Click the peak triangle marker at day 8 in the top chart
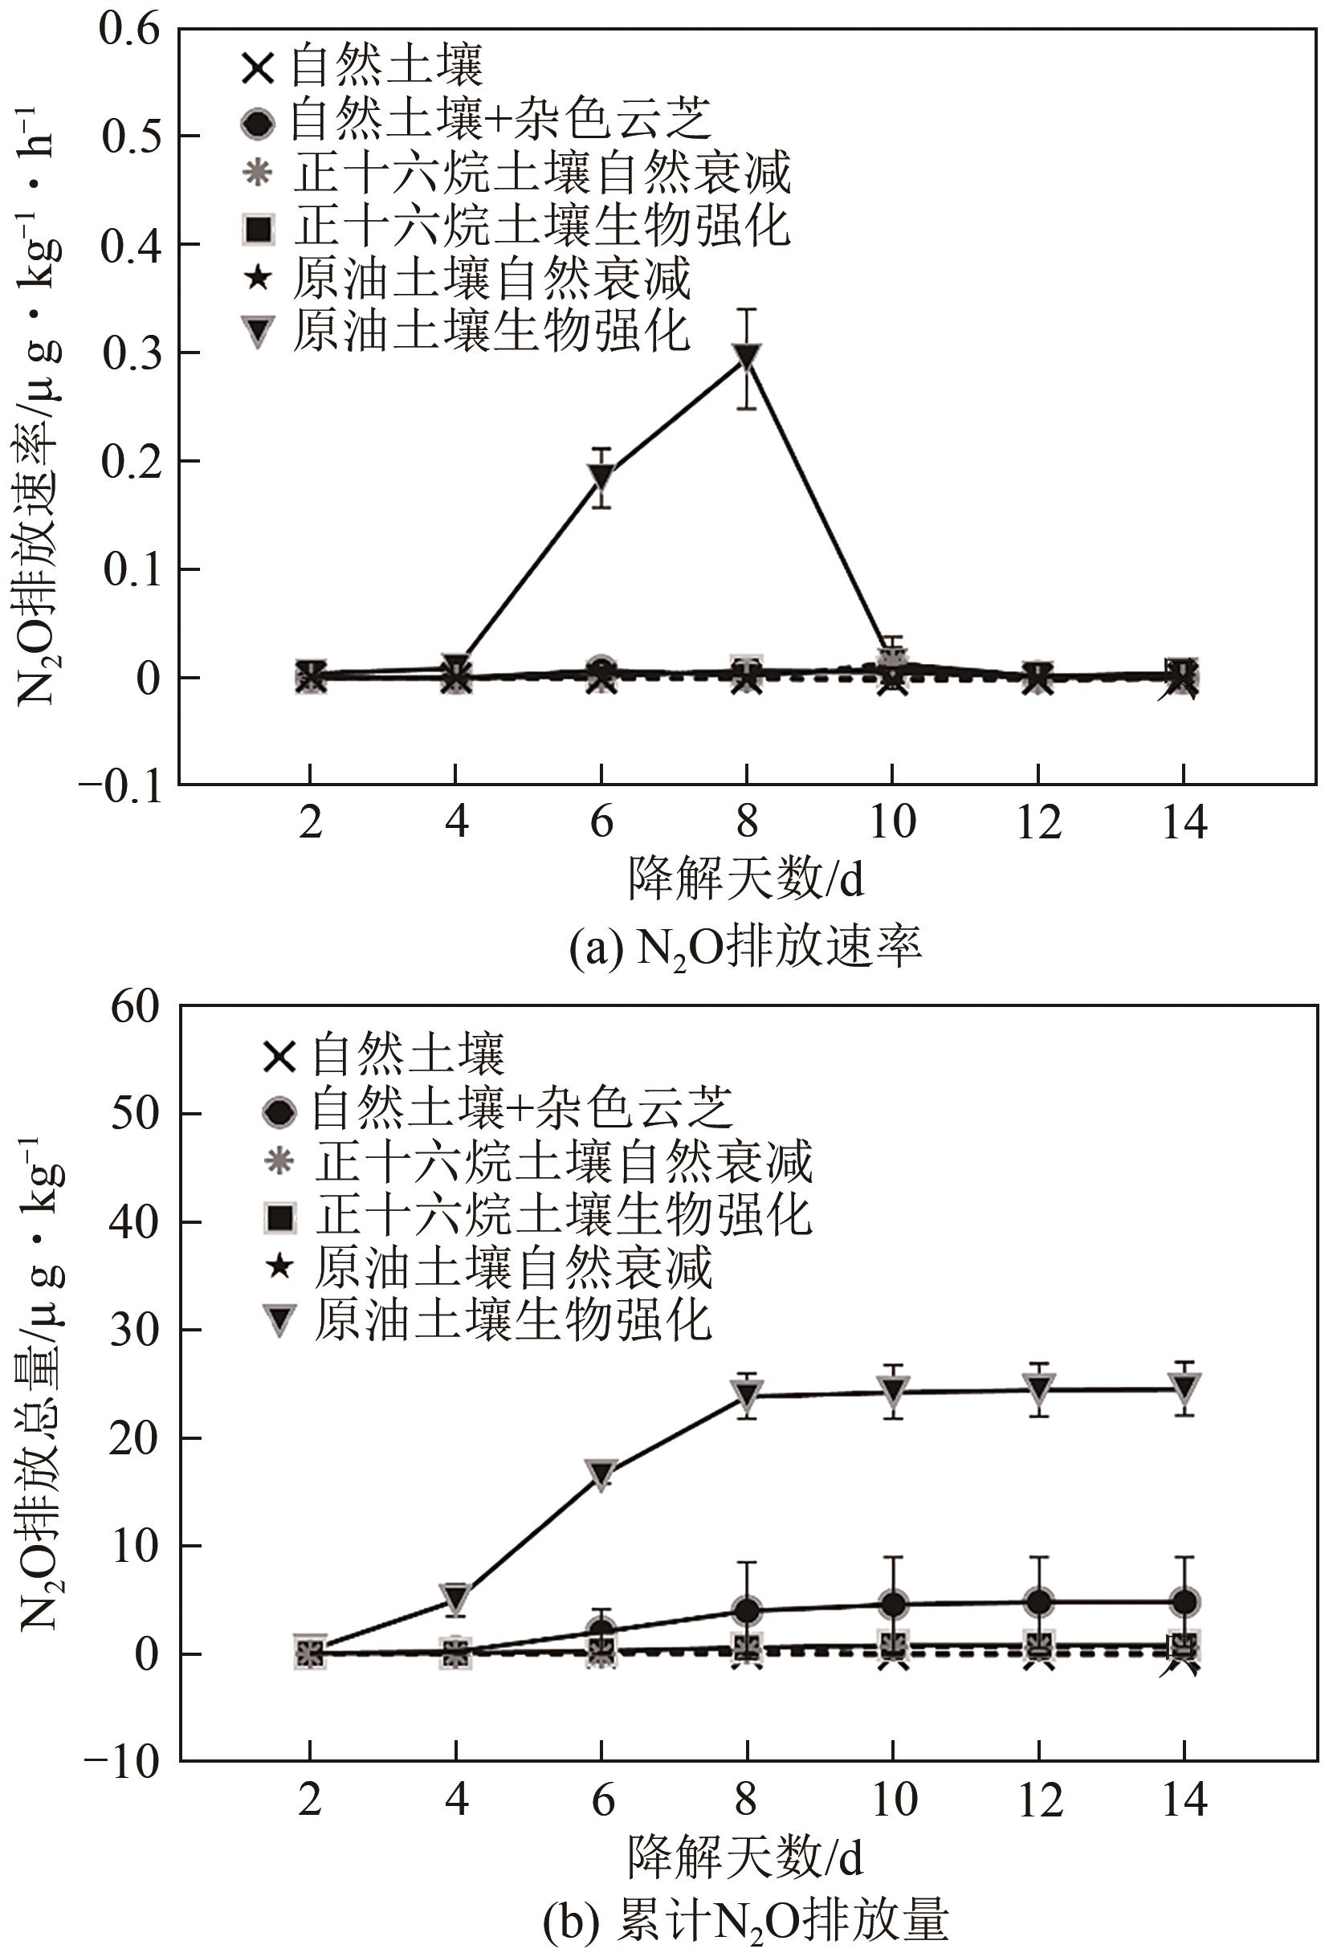point(747,357)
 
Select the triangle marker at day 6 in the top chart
point(601,475)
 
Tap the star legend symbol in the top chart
point(259,278)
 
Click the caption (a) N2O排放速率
point(745,948)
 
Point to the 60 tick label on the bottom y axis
point(134,1006)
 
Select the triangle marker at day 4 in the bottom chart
point(455,1594)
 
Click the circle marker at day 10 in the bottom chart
point(893,1604)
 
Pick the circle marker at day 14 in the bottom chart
point(1184,1600)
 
